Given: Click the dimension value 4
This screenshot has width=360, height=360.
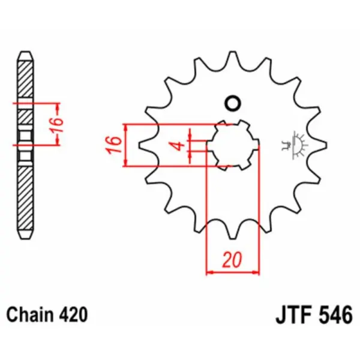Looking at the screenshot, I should (178, 145).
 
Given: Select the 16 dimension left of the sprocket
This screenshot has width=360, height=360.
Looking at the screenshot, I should (114, 145).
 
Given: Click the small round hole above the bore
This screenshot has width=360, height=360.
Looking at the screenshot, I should (232, 103).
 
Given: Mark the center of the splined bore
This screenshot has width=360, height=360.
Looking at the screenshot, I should (232, 145).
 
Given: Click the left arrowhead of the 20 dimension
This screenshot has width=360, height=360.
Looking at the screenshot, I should (209, 272).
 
